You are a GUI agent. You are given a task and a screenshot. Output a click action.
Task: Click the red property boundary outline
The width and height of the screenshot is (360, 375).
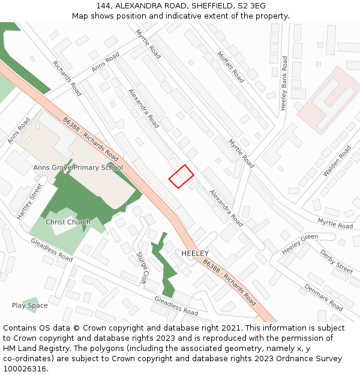(x=181, y=176)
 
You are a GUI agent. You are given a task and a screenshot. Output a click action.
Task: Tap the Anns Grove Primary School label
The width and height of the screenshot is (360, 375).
(x=78, y=168)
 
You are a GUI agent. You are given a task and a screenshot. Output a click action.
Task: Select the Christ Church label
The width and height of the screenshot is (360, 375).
(x=68, y=222)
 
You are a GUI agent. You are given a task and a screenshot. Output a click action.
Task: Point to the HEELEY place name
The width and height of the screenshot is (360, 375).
(x=195, y=254)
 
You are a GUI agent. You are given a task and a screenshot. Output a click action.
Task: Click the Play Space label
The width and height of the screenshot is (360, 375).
(x=29, y=305)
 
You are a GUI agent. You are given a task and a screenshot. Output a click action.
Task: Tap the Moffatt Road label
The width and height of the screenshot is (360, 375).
(x=231, y=67)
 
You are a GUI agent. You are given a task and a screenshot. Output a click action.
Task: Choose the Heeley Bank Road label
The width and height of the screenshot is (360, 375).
(x=284, y=83)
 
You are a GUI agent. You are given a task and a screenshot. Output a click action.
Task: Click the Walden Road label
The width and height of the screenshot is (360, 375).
(x=337, y=160)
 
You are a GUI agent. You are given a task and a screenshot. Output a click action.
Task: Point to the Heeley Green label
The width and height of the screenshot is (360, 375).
(x=300, y=244)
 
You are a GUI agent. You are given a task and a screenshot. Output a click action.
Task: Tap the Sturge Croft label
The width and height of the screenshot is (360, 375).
(x=142, y=268)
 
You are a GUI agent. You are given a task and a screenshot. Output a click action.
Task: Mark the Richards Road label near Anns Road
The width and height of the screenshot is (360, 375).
(x=67, y=78)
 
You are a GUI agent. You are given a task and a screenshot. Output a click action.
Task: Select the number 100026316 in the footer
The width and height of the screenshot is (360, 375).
(x=26, y=369)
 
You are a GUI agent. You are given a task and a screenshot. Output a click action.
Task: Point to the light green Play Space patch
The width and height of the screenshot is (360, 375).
(x=31, y=304)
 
